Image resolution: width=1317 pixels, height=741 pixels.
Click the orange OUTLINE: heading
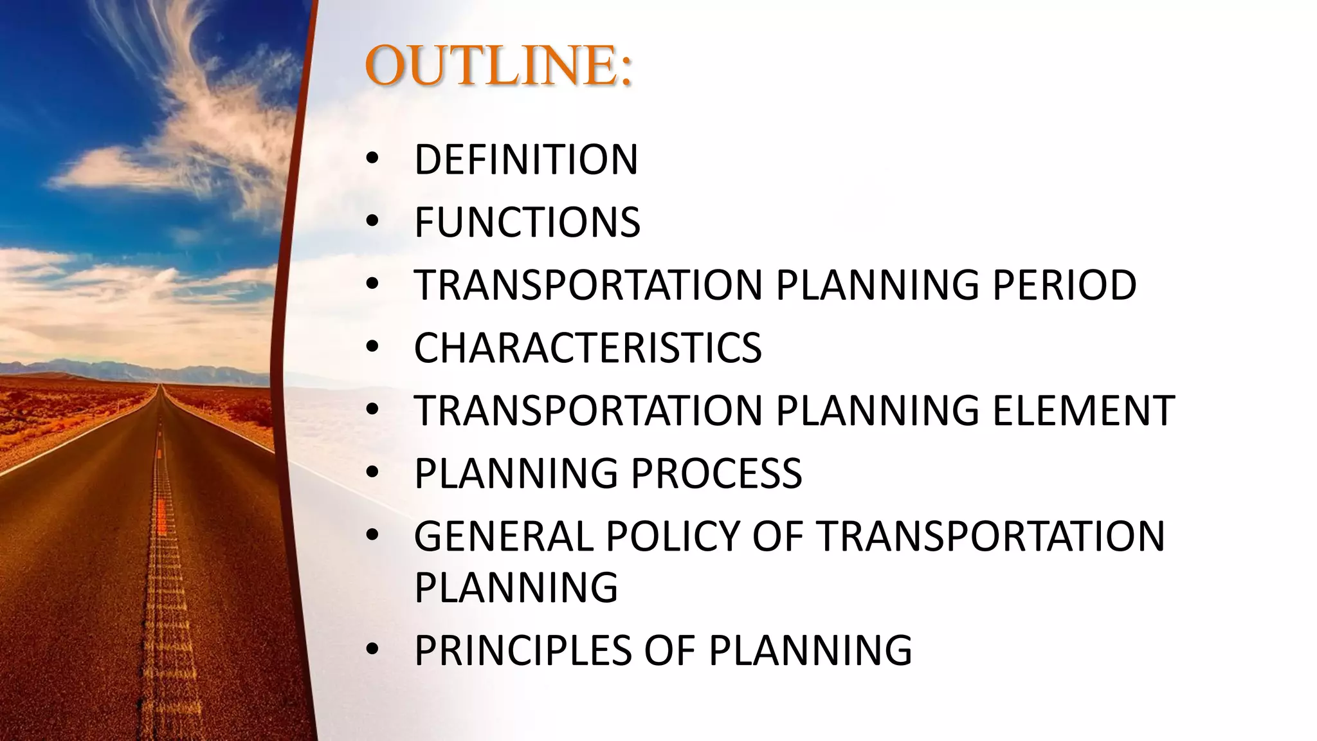pyautogui.click(x=498, y=66)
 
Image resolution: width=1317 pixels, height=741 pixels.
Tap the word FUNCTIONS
pyautogui.click(x=527, y=223)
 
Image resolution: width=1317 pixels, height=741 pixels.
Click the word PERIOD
pyautogui.click(x=1064, y=285)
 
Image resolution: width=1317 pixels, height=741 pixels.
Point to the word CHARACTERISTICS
pyautogui.click(x=588, y=348)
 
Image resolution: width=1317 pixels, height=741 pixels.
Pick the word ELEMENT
pyautogui.click(x=1084, y=410)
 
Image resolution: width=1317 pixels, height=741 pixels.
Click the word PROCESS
pyautogui.click(x=716, y=473)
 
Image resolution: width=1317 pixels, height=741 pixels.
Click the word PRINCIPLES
pyautogui.click(x=523, y=650)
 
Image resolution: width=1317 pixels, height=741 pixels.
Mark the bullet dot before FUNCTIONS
pyautogui.click(x=373, y=223)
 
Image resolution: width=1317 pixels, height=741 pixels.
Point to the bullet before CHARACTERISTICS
pyautogui.click(x=373, y=348)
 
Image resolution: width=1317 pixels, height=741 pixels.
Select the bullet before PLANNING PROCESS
pyautogui.click(x=373, y=473)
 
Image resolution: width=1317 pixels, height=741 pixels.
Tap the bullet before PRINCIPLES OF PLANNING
pyautogui.click(x=373, y=650)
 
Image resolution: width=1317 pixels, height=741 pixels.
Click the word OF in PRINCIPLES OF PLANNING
pyautogui.click(x=670, y=650)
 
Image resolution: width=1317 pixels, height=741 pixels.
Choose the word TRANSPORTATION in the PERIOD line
pyautogui.click(x=588, y=285)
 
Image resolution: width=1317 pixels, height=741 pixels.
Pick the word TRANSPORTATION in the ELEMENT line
pyautogui.click(x=588, y=410)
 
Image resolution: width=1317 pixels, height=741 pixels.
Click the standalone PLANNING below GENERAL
pyautogui.click(x=516, y=587)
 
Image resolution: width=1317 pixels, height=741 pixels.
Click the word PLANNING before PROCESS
pyautogui.click(x=516, y=473)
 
